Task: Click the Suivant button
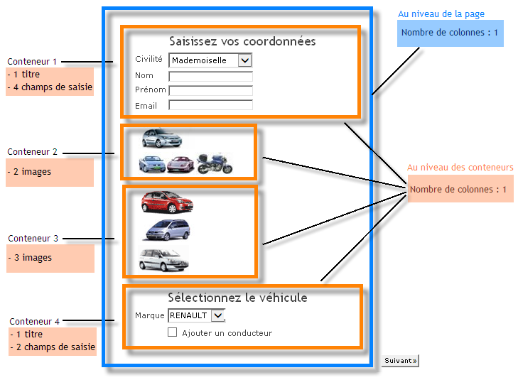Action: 400,361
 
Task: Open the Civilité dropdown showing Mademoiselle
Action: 211,60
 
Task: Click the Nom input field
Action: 210,76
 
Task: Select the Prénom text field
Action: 210,90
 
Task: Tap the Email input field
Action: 210,105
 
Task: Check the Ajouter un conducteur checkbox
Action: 172,332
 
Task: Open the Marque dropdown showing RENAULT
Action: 196,315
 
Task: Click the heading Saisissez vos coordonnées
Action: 242,41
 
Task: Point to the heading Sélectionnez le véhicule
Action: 237,297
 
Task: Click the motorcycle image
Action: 214,164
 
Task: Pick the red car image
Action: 168,202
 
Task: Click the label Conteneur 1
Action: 31,62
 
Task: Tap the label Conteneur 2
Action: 33,152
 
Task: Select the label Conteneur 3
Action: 33,239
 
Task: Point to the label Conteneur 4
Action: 35,322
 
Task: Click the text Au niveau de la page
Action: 441,14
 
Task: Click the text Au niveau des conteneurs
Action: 460,168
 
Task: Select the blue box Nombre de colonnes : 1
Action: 450,33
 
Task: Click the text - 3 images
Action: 30,258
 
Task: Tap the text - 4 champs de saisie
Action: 50,87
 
